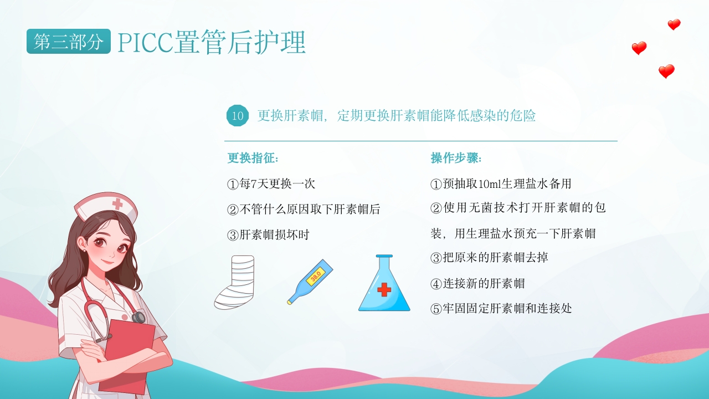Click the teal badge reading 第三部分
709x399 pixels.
tap(68, 41)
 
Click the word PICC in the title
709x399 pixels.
tap(146, 43)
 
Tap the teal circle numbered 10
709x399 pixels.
tap(238, 116)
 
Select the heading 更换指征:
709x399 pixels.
tap(253, 158)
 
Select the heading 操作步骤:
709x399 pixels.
tap(456, 158)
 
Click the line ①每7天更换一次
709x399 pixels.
tap(271, 183)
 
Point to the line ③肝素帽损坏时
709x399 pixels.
tap(268, 234)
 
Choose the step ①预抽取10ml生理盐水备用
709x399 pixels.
tap(500, 183)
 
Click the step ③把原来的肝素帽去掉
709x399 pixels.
tap(489, 258)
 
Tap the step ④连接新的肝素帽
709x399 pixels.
tap(477, 283)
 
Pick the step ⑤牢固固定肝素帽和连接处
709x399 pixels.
tap(501, 308)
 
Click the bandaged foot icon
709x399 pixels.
tap(234, 282)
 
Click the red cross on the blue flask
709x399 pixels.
tap(384, 289)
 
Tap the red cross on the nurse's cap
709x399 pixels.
tap(117, 204)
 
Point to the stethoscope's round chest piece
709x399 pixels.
tap(138, 317)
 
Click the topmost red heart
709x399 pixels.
tap(674, 24)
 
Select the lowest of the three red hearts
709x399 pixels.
tap(666, 71)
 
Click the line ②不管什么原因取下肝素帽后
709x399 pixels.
tap(304, 209)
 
